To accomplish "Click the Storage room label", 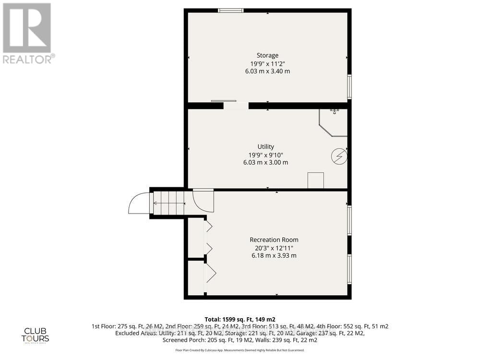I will tap(267, 55).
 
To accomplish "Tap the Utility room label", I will tap(265, 146).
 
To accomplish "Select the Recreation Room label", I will tap(274, 240).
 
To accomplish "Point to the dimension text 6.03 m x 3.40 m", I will tap(267, 71).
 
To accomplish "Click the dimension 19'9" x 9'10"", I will tap(265, 155).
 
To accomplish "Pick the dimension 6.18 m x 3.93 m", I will tap(274, 255).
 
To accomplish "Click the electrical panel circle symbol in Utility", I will tap(339, 156).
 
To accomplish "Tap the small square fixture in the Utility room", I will tap(315, 180).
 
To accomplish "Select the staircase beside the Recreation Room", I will tap(168, 203).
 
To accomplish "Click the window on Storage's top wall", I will tap(230, 10).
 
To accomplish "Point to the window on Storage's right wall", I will tap(349, 86).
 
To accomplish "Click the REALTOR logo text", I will tap(28, 59).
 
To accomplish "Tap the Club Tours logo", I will tap(37, 334).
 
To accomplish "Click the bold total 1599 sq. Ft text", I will tap(240, 319).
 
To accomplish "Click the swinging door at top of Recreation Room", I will tap(202, 199).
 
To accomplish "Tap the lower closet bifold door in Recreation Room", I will tap(210, 274).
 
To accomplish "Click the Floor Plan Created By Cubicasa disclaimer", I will tap(240, 350).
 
